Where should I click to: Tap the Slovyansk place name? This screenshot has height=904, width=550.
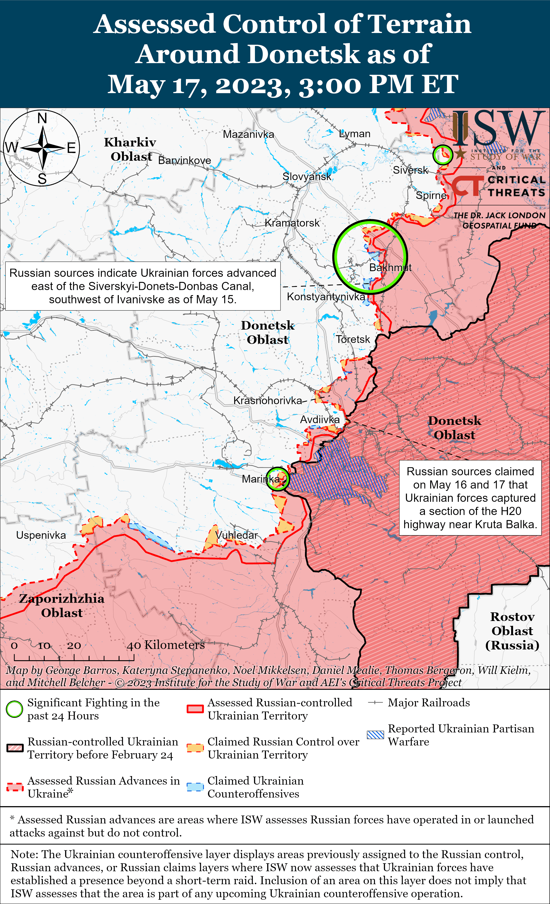coord(306,177)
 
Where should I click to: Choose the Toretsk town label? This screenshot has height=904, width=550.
coord(353,339)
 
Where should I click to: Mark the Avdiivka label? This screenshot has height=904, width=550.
coord(320,419)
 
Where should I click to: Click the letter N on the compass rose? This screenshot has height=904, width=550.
coord(42,118)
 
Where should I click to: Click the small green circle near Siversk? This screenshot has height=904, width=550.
coord(442,155)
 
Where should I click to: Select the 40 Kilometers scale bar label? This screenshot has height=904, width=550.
coord(166,645)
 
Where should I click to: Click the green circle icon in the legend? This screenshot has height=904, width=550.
coord(14,709)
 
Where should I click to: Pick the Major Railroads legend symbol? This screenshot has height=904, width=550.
coord(375,703)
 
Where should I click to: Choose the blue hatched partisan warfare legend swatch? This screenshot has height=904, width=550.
coord(375,735)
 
